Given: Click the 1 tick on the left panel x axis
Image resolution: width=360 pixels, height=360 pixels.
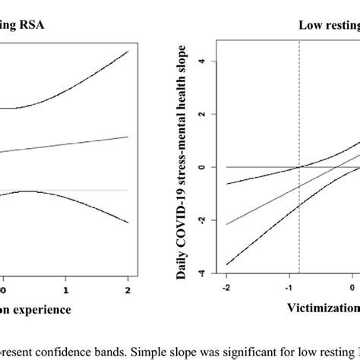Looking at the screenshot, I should [66, 289].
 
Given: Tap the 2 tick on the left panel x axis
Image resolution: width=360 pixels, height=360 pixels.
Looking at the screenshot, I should [128, 289].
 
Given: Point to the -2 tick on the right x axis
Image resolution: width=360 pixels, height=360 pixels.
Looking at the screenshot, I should [226, 289].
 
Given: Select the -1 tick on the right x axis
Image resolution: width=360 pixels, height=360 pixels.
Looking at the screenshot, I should [290, 289].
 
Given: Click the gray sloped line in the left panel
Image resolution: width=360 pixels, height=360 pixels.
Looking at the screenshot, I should [68, 144].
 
